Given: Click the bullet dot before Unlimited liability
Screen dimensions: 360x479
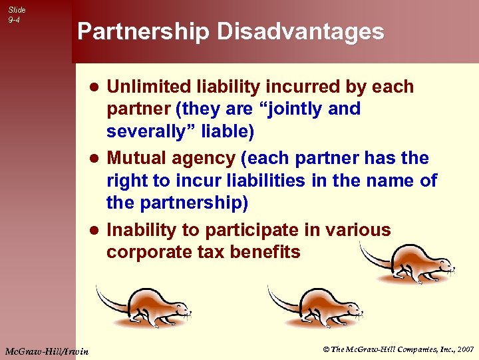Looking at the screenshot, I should point(95,88).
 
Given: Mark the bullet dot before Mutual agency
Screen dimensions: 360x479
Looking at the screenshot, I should point(95,159).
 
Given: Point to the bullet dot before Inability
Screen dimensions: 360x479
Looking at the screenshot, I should point(95,231).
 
